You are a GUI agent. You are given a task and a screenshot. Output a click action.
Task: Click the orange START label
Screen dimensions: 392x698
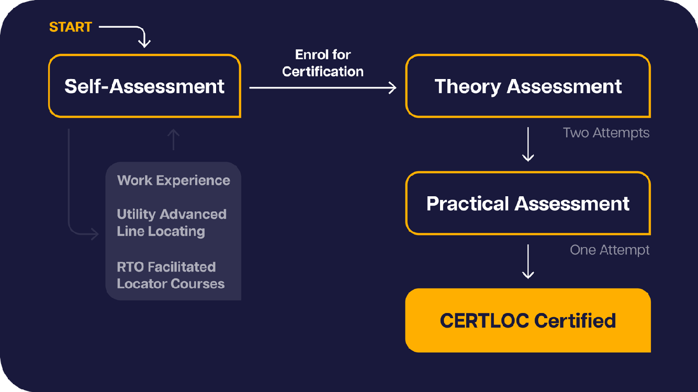[x=70, y=27]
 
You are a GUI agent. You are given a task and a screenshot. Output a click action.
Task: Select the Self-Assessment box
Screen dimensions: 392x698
[x=144, y=86]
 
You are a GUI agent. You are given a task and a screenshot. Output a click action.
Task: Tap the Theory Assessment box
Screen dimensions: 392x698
[x=528, y=86]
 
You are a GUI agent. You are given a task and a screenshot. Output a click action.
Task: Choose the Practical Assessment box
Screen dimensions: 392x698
[x=528, y=203]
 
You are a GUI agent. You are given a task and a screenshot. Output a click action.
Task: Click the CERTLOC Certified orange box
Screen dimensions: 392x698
[x=528, y=320]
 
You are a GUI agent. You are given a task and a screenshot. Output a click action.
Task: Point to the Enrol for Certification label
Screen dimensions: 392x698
[x=323, y=63]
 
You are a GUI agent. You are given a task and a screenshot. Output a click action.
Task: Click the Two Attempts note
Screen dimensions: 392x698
[x=606, y=133]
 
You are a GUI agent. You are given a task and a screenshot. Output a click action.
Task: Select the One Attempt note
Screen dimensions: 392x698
[x=610, y=250]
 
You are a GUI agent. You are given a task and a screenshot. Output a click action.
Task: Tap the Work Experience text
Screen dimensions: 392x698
[x=174, y=181]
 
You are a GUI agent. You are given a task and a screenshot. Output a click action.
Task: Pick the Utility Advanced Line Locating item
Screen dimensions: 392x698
[x=171, y=222]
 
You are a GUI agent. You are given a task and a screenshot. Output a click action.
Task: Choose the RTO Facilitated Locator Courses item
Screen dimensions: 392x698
[x=170, y=275]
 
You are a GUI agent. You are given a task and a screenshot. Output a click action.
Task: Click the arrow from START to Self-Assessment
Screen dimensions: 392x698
[x=131, y=31]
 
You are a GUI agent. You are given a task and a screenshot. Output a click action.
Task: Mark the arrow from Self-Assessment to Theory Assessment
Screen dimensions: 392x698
[x=322, y=88]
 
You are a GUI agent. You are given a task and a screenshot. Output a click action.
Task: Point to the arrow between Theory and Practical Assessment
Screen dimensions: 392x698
[x=528, y=143]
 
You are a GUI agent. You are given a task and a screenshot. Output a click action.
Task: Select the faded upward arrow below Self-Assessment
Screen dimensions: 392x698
[x=173, y=140]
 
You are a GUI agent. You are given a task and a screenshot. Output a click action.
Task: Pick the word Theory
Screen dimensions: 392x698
[x=467, y=86]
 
